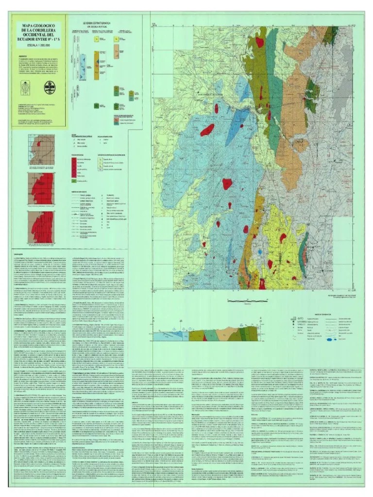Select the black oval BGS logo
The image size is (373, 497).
[50, 88]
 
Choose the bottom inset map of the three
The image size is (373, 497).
[41, 226]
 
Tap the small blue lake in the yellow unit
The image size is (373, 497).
[261, 253]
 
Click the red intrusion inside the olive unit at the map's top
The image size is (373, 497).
[260, 42]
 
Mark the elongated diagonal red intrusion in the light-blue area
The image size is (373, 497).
[207, 130]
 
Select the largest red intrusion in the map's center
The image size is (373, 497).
[227, 184]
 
